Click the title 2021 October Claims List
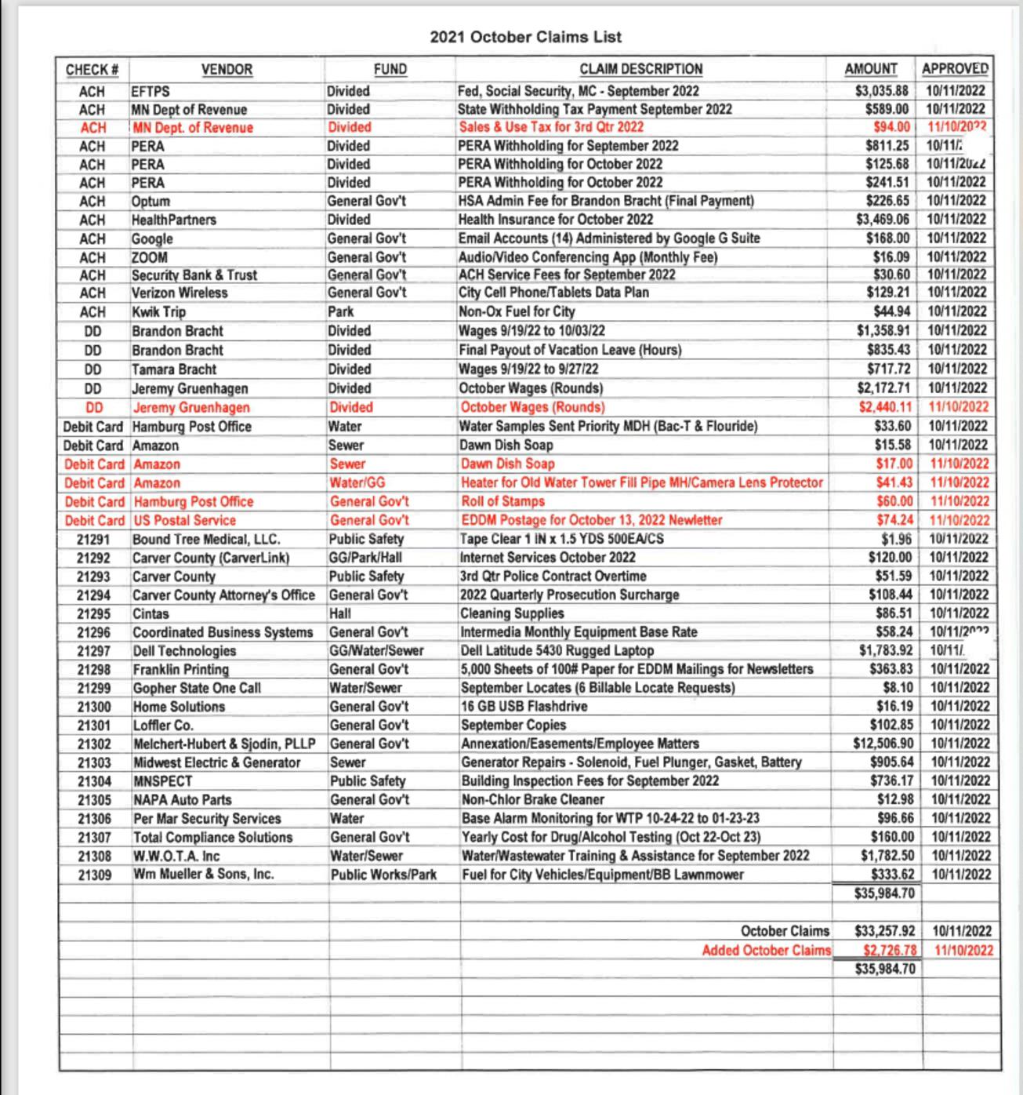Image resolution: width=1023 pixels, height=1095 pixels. coord(525,37)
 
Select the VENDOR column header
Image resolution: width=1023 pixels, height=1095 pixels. coord(227,70)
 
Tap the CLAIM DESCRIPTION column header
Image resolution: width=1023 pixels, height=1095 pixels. coord(640,70)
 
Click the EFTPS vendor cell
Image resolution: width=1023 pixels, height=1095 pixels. coord(151,91)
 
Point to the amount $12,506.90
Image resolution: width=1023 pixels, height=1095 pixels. coord(883,744)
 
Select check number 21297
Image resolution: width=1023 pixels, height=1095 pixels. coord(93,651)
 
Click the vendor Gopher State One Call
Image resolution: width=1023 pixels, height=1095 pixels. coord(197,688)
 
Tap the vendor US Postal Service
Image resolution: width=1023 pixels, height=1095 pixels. coord(185,520)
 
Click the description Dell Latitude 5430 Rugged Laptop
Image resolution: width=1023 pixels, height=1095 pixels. coord(557,650)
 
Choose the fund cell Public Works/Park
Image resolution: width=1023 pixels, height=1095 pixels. coord(383,875)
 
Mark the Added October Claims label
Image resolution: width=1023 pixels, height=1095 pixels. coord(766,951)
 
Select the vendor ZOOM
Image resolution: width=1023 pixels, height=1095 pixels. coord(150,257)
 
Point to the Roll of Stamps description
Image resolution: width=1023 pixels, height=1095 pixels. coord(502,501)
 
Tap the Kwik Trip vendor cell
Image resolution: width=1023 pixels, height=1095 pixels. coord(159,311)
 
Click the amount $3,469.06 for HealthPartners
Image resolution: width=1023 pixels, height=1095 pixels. coord(883,220)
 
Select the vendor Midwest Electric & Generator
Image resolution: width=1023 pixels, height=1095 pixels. coord(216,762)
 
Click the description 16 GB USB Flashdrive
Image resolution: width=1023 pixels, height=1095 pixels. coord(524,707)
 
